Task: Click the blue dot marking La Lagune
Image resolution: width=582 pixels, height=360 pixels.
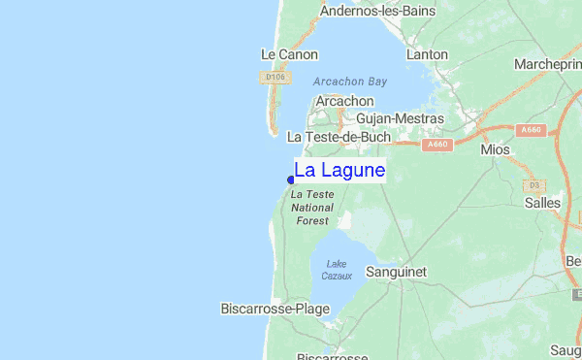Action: coord(291,180)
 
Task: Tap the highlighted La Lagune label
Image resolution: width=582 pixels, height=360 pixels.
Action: coord(339,171)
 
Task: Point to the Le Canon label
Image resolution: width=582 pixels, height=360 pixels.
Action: coord(290,54)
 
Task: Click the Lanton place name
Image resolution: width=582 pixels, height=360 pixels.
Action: coord(427,55)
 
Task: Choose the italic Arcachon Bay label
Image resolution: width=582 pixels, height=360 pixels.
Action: coord(350,82)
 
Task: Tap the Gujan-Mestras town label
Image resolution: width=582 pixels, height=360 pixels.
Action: coord(400,118)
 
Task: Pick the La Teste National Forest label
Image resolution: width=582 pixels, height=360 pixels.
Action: coord(312,208)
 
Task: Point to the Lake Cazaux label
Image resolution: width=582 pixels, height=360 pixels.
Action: coord(337,270)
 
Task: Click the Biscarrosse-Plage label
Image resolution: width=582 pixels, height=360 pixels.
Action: coord(275,309)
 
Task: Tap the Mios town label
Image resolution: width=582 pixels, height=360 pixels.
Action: coord(495,150)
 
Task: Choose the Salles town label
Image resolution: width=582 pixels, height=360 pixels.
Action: coord(542,203)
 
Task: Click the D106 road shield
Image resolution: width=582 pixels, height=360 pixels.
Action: coord(274,76)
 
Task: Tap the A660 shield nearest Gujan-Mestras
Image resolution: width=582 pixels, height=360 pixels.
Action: coord(436,145)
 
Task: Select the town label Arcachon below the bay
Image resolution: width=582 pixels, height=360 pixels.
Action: coord(344,101)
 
